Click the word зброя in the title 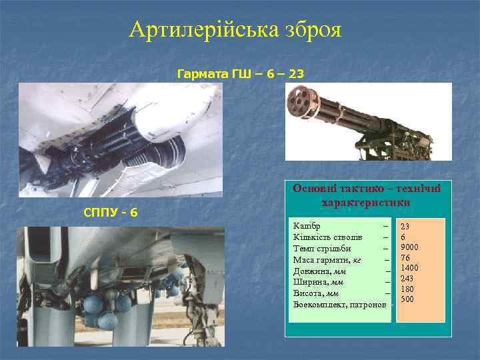point(310,30)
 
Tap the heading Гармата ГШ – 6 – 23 point(240,73)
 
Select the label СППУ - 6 point(111,212)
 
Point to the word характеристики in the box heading point(365,202)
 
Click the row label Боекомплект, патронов point(339,303)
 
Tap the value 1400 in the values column point(409,268)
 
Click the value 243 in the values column point(407,278)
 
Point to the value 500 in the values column point(407,299)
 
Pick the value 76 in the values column point(405,257)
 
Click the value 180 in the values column point(407,289)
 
